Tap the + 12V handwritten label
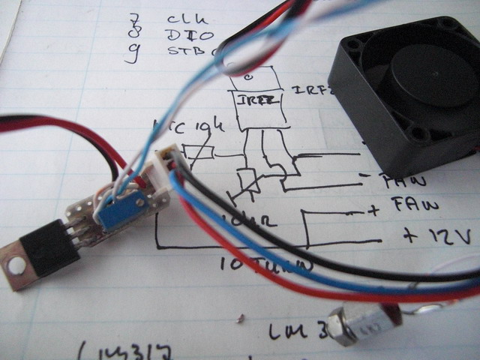click(x=437, y=236)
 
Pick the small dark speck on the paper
click(x=238, y=319)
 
